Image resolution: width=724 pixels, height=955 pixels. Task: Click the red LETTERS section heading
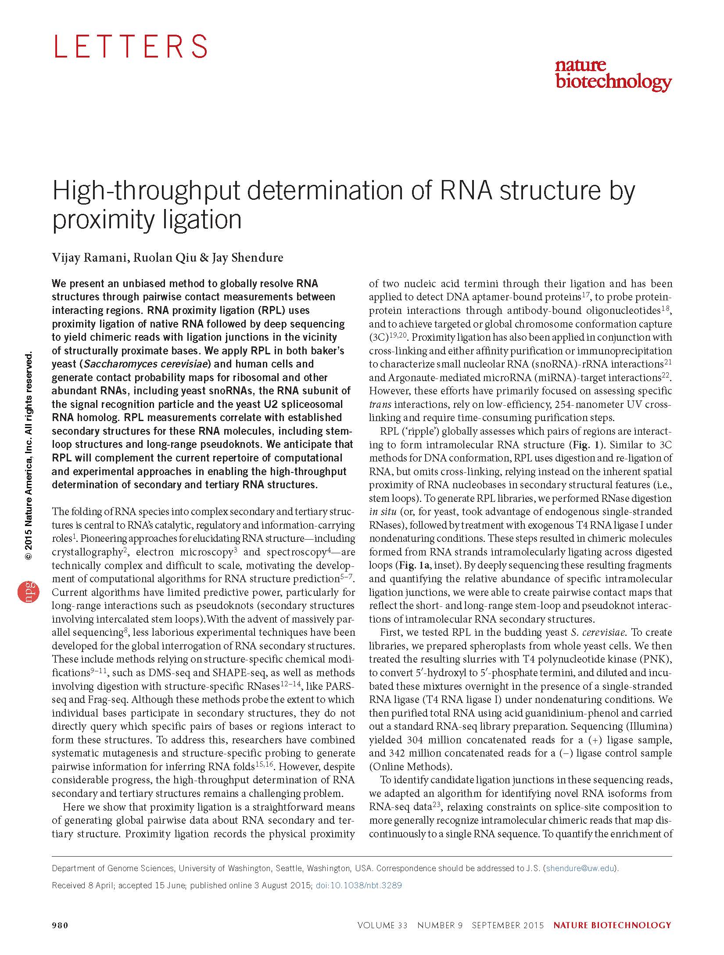point(130,46)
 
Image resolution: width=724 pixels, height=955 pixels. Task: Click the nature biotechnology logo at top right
point(613,75)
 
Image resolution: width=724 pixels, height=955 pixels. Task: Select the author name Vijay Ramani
point(90,257)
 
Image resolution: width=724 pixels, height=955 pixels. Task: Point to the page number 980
point(60,925)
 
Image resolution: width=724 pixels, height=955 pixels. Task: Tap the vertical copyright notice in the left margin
point(29,457)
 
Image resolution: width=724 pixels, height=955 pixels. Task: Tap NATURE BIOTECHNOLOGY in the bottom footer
point(612,925)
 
